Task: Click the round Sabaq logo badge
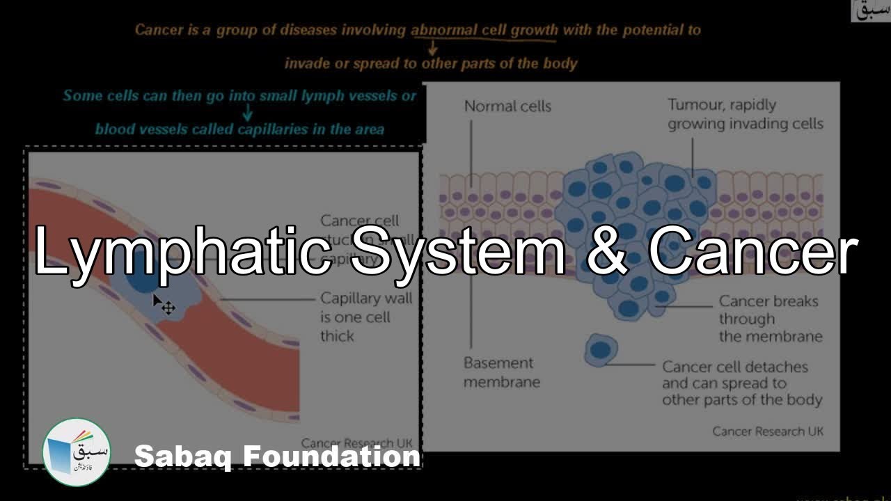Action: [77, 452]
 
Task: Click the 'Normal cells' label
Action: [507, 106]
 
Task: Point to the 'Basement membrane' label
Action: [501, 372]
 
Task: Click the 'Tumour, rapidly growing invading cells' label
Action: [745, 115]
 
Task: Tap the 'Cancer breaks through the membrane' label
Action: [768, 319]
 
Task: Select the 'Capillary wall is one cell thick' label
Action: [366, 317]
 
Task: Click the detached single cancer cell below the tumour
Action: [600, 349]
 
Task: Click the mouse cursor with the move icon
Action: [164, 305]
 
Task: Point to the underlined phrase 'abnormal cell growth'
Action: [484, 30]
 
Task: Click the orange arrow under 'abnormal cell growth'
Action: [432, 48]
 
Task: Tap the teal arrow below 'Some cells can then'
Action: [247, 113]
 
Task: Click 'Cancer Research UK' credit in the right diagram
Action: [767, 431]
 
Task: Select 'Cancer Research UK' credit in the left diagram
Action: [356, 443]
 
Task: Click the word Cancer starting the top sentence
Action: [159, 30]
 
